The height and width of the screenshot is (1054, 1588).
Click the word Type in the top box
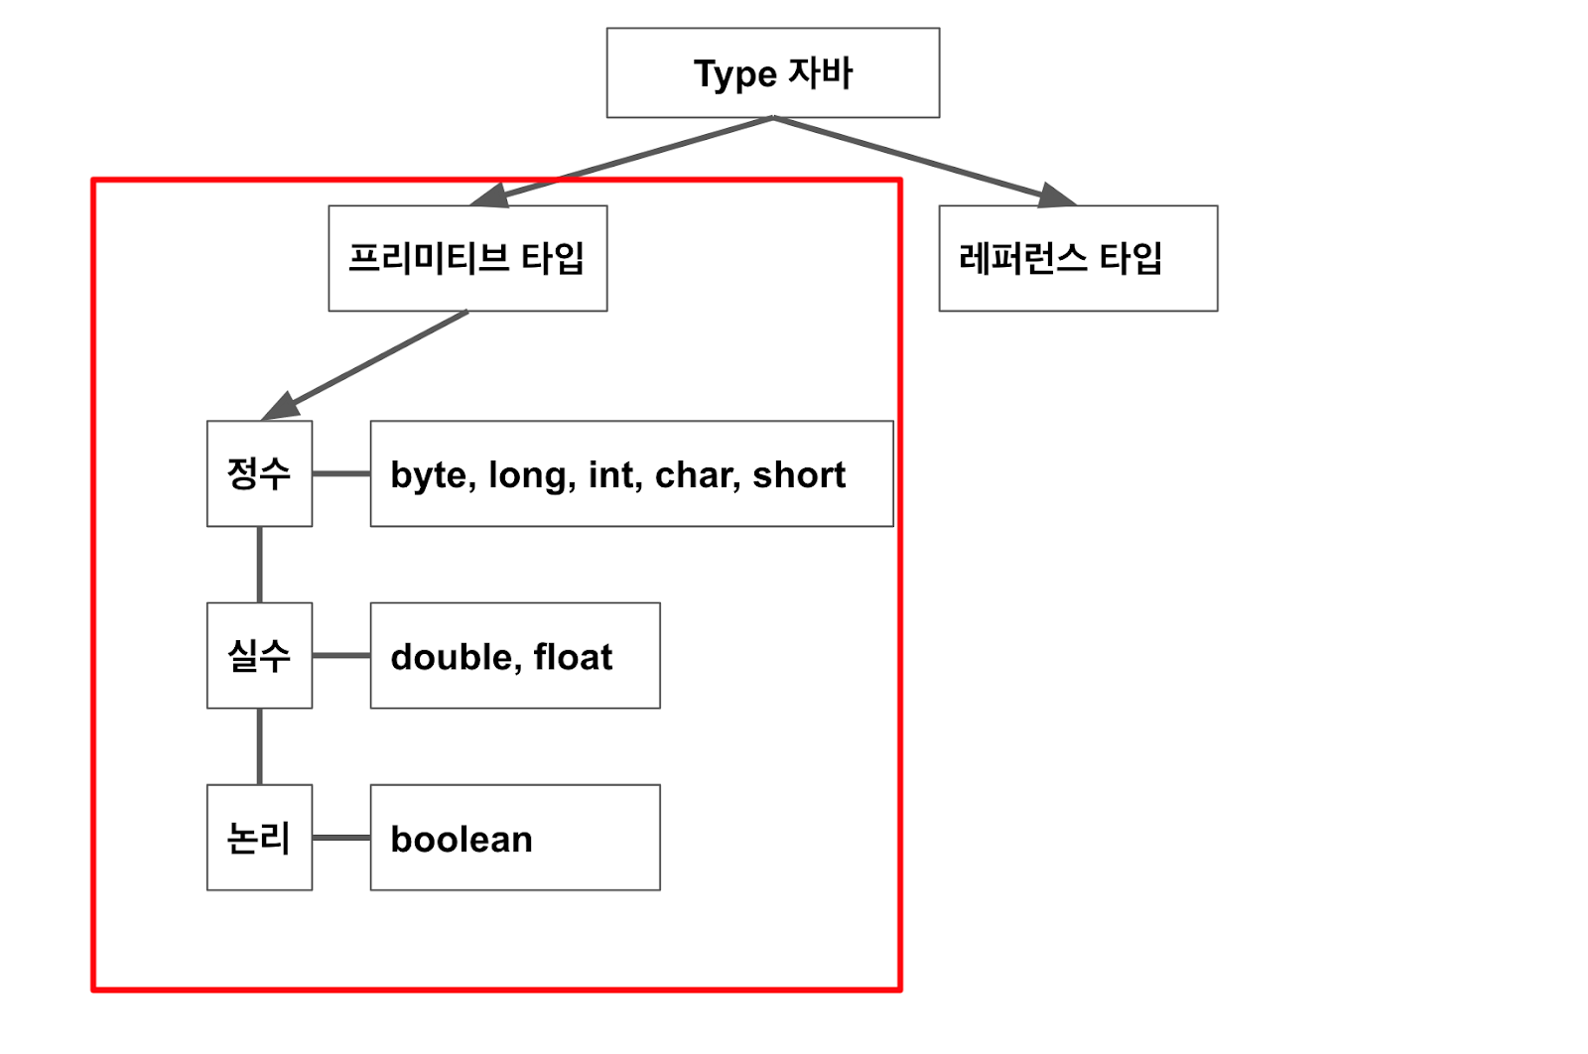(x=734, y=74)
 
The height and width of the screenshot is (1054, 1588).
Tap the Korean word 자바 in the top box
(x=821, y=72)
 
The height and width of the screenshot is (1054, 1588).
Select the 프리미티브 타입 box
(x=467, y=258)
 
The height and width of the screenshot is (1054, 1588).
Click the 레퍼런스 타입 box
(x=1078, y=258)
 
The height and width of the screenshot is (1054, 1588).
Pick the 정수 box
(x=259, y=473)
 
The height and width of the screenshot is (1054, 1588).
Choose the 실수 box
(x=259, y=655)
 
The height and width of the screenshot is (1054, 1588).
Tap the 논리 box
(x=259, y=838)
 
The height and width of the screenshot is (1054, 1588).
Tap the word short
(x=799, y=475)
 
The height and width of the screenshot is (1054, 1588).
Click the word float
(x=573, y=657)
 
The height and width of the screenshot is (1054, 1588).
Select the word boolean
(x=462, y=840)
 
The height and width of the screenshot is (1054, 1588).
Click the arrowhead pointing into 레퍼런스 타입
(x=1055, y=196)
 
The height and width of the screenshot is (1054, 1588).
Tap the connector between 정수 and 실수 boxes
(x=260, y=564)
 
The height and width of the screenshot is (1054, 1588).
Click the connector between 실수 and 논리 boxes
(x=260, y=746)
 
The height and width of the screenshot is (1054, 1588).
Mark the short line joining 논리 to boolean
(x=341, y=838)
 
